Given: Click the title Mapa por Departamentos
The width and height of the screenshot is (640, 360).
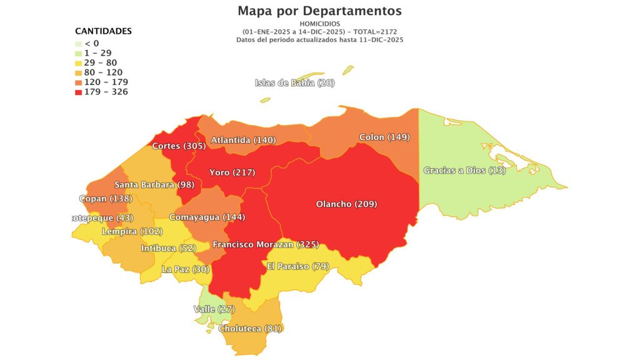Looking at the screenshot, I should [319, 11].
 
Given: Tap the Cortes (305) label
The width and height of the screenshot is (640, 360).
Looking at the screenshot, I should [179, 146].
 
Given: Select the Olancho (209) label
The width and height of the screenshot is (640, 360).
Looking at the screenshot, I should [346, 204].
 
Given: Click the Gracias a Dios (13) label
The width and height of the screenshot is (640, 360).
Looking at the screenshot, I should [464, 170].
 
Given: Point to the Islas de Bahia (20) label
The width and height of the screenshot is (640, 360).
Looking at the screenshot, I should [294, 83].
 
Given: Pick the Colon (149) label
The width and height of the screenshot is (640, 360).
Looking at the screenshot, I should [384, 137].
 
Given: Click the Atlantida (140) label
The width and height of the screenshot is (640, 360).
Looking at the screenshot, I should [243, 140].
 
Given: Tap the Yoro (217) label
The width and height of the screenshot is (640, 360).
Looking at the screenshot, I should [232, 172].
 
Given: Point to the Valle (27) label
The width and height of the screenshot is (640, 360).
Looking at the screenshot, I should [214, 309].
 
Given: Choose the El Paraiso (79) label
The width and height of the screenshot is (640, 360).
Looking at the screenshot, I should [297, 266].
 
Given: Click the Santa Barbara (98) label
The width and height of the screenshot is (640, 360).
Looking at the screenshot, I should [154, 184].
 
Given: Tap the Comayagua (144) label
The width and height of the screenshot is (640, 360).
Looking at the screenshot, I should [207, 217].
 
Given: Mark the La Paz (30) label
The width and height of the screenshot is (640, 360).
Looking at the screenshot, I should [186, 269].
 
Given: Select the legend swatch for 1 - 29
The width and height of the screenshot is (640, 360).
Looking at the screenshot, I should [78, 53].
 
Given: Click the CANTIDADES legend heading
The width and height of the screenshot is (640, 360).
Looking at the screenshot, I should [103, 31].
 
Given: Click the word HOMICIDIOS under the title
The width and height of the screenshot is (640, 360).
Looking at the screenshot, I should [319, 24].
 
